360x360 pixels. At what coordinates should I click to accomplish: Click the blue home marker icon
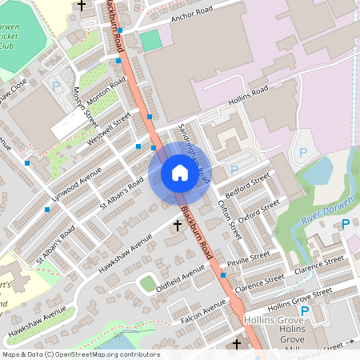tap(179, 172)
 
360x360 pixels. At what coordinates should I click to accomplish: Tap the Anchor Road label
tap(194, 13)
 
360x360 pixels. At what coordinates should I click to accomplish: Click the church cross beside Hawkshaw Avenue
tap(178, 226)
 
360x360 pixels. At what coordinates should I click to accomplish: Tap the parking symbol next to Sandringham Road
tap(234, 170)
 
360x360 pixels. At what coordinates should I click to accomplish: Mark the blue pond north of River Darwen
tap(319, 170)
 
